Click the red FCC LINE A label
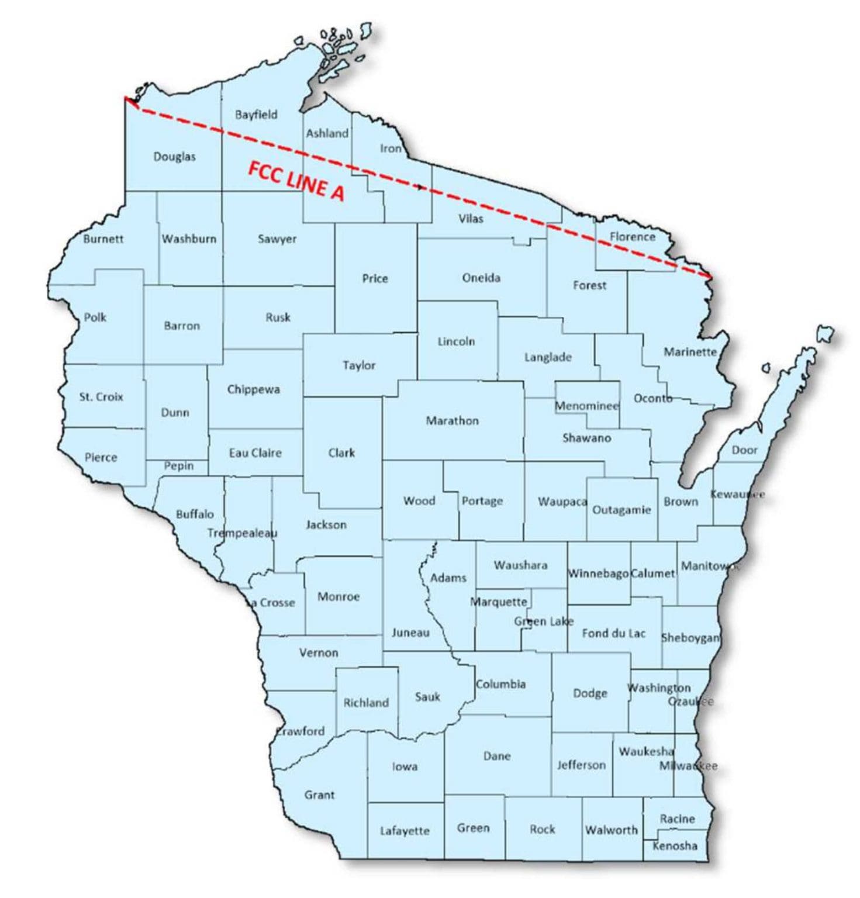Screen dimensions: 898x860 click(x=296, y=181)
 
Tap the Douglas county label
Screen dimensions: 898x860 click(x=174, y=157)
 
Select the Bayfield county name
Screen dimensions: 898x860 click(x=256, y=115)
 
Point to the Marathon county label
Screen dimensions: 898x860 click(x=452, y=420)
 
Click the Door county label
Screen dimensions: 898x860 click(x=744, y=450)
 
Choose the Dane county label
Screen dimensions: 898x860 click(x=497, y=756)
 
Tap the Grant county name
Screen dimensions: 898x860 click(x=319, y=795)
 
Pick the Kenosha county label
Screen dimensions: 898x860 click(x=675, y=845)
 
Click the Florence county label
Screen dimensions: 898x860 click(x=632, y=237)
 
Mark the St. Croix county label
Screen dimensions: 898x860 click(x=101, y=397)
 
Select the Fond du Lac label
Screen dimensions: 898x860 click(x=613, y=633)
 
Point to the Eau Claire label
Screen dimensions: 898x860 click(x=255, y=453)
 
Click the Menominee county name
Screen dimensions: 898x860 click(x=586, y=406)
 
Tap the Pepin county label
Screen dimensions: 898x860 click(x=178, y=466)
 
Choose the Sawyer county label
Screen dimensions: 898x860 click(x=277, y=239)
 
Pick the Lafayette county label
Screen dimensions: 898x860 click(x=405, y=831)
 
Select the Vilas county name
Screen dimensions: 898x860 click(x=471, y=219)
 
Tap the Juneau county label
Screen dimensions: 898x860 click(x=410, y=633)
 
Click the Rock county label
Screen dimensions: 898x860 click(x=542, y=829)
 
